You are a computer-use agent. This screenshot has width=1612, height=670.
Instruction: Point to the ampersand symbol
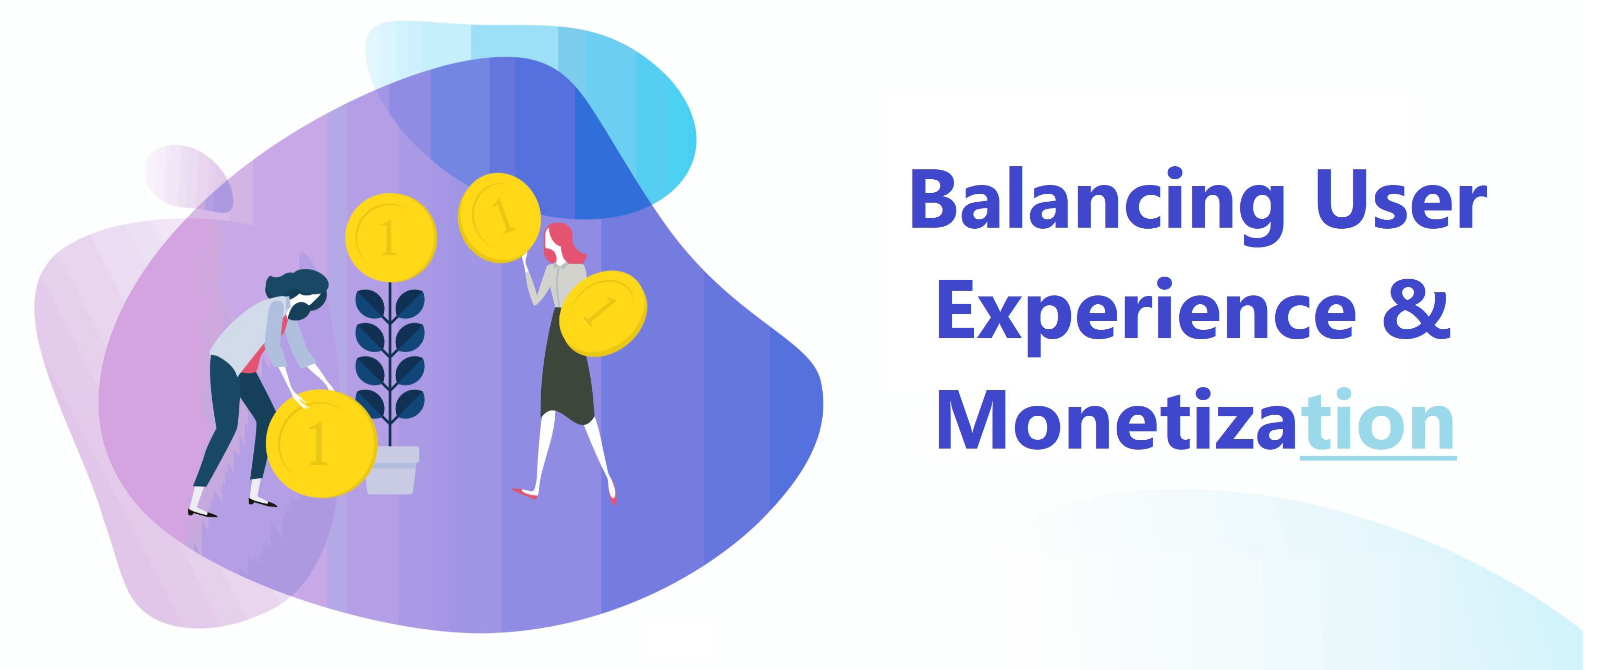(1415, 311)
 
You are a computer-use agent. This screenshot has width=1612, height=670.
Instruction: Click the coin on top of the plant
(391, 237)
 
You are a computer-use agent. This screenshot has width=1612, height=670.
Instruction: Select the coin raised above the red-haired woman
(499, 217)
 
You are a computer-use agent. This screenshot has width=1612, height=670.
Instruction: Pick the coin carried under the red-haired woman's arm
(603, 313)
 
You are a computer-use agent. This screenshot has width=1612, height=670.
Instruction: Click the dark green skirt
(566, 375)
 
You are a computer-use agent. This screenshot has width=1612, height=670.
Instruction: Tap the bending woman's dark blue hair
(297, 288)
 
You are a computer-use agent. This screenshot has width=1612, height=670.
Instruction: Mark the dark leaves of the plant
(390, 350)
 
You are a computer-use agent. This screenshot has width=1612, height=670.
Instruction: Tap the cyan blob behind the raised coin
(657, 125)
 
